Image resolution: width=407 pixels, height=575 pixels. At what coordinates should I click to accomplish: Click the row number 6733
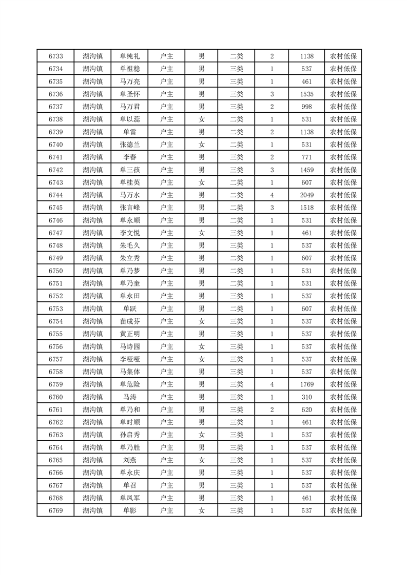click(55, 56)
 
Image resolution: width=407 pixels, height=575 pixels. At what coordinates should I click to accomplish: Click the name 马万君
click(130, 107)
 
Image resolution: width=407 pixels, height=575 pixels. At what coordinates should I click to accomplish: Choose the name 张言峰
click(130, 208)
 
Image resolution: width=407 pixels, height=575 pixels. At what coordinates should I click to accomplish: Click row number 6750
click(55, 271)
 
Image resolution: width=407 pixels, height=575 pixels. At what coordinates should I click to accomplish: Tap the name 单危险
click(130, 384)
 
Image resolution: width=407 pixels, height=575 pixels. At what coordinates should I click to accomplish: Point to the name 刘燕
click(130, 460)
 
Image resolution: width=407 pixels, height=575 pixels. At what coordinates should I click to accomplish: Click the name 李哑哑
click(130, 359)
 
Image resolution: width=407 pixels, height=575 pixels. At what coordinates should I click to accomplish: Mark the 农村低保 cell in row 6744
click(343, 195)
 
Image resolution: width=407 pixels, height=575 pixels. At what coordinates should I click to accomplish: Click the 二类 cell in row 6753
click(237, 309)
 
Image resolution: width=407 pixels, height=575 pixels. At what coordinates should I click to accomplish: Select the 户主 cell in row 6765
click(167, 460)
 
